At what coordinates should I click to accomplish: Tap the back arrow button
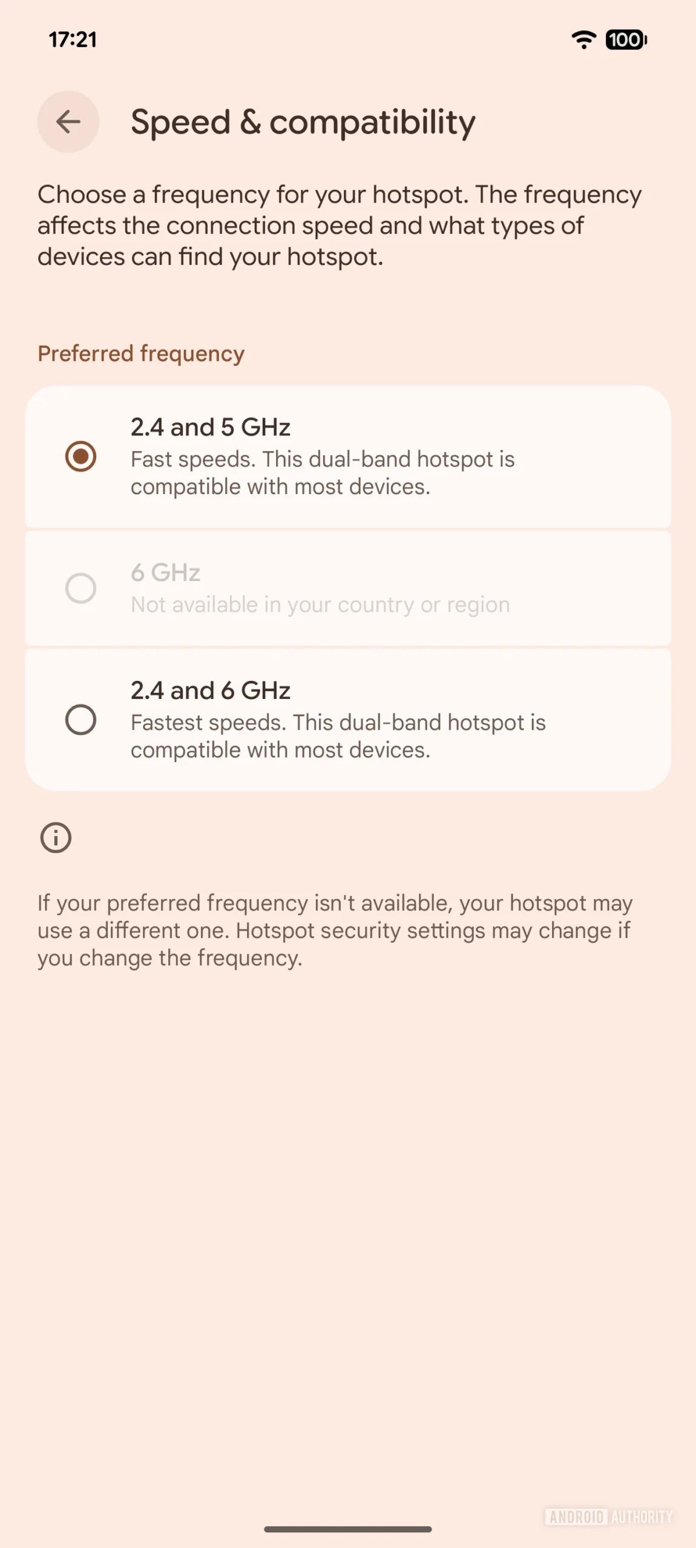[x=68, y=122]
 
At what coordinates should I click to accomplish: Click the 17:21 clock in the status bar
[x=73, y=40]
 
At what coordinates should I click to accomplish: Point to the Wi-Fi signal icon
[x=583, y=40]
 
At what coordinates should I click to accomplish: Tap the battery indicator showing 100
[x=626, y=40]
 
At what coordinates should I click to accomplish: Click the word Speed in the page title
[x=180, y=123]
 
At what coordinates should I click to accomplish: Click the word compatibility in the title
[x=372, y=123]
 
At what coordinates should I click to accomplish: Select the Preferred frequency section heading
[x=141, y=354]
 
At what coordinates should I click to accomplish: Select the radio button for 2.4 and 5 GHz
[x=80, y=456]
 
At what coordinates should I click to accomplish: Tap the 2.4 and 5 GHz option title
[x=211, y=428]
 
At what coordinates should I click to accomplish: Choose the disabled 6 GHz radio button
[x=80, y=588]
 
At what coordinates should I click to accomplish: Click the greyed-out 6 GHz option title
[x=165, y=573]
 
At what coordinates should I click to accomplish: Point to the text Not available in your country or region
[x=320, y=605]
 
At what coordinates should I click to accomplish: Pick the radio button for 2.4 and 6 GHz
[x=80, y=720]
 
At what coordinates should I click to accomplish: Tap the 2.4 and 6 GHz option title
[x=211, y=691]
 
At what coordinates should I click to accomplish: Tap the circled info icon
[x=56, y=837]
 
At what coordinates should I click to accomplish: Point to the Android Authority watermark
[x=608, y=1517]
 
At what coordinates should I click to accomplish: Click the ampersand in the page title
[x=250, y=123]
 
